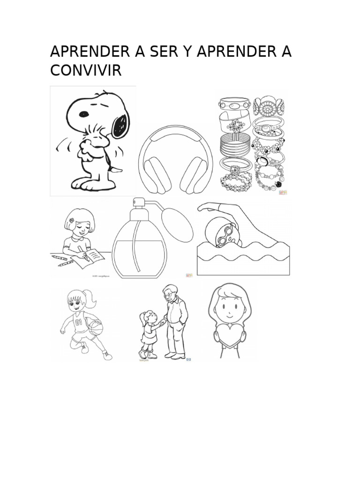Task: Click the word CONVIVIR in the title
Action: click(x=86, y=71)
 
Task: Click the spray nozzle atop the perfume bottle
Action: click(x=138, y=205)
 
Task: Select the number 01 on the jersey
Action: click(x=78, y=322)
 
